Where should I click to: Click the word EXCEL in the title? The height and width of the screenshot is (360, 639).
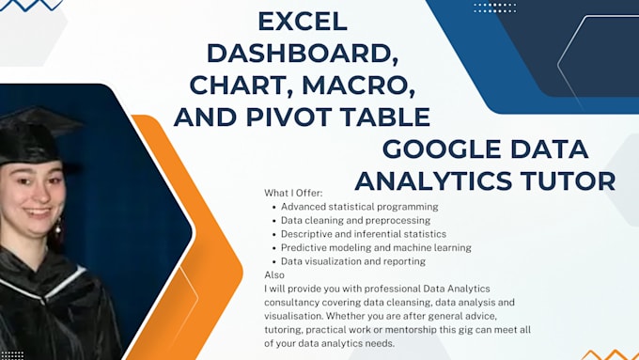click(x=303, y=20)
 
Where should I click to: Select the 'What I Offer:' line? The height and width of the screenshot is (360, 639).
click(x=295, y=193)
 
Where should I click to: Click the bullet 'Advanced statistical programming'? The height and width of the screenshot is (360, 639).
click(x=359, y=207)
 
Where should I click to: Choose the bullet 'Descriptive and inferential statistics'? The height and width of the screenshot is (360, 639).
click(x=363, y=234)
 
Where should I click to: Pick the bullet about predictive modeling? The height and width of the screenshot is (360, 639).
click(x=376, y=247)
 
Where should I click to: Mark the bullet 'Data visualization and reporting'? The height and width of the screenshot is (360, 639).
click(x=352, y=261)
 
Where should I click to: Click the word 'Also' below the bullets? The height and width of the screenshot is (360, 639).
click(x=273, y=274)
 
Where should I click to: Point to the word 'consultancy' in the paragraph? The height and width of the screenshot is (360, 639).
click(x=296, y=302)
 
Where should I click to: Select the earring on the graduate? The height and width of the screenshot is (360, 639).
click(x=57, y=227)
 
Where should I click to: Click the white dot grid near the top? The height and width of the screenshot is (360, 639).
click(x=494, y=8)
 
